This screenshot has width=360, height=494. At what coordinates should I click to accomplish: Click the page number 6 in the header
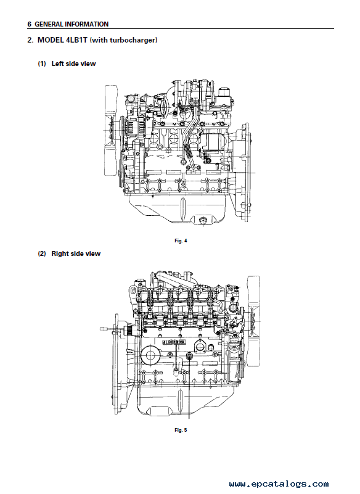[30, 24]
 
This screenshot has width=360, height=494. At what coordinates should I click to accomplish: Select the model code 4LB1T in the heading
[76, 40]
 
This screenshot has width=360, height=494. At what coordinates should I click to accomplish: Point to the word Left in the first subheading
[58, 64]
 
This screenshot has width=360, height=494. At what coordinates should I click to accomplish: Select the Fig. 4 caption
[181, 241]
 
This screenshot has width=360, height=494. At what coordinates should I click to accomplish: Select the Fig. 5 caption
[181, 430]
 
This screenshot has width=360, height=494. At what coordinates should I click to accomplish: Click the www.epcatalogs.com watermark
[279, 484]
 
